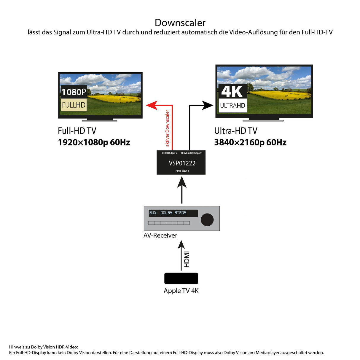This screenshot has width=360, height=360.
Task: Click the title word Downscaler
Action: tap(180, 23)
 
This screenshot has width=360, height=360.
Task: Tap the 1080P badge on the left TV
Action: tap(74, 92)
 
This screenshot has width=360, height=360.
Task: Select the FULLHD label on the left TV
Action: tap(74, 105)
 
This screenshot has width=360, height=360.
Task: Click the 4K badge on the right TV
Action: tap(232, 92)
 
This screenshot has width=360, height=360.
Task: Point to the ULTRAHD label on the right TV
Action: tap(232, 106)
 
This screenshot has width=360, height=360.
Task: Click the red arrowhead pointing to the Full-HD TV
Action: tap(152, 105)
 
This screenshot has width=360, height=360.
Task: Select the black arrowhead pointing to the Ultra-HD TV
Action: tap(207, 105)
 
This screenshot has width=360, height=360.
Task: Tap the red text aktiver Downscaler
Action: tap(167, 128)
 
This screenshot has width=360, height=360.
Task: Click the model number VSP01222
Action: tap(182, 163)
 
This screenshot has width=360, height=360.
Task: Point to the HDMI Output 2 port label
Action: tap(170, 153)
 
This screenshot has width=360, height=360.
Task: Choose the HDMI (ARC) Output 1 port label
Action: tap(192, 153)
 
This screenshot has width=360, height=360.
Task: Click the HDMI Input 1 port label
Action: tap(182, 171)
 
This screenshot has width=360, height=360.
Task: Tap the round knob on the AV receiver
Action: tap(207, 220)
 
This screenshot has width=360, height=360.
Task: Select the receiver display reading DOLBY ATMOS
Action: tap(173, 213)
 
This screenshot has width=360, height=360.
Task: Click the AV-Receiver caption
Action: tap(160, 235)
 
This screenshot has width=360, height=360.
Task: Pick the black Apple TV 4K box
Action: tap(181, 278)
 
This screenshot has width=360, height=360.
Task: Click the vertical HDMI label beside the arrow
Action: tap(187, 259)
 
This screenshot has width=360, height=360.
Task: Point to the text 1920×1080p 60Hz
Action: tap(94, 143)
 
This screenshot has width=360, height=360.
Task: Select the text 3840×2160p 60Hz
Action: tap(250, 143)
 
